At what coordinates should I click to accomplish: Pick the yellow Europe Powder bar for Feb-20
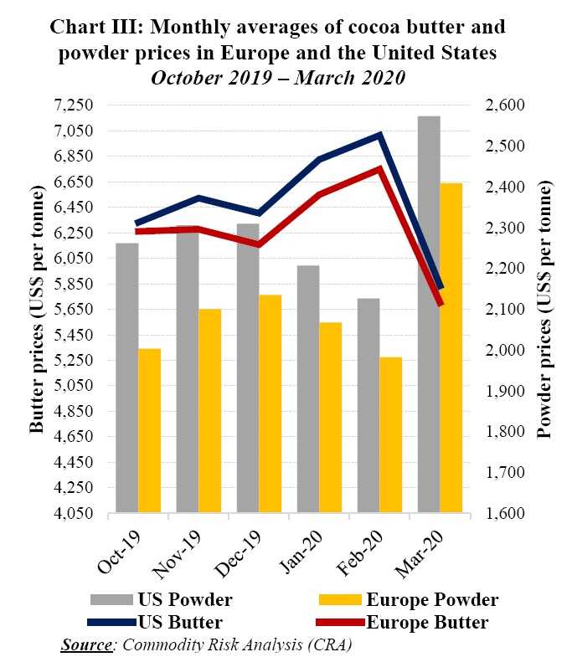tap(390, 434)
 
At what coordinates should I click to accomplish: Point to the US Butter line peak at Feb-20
tap(380, 135)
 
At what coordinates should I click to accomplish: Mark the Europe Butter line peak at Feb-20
tap(379, 168)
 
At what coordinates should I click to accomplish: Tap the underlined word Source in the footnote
tap(85, 644)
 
